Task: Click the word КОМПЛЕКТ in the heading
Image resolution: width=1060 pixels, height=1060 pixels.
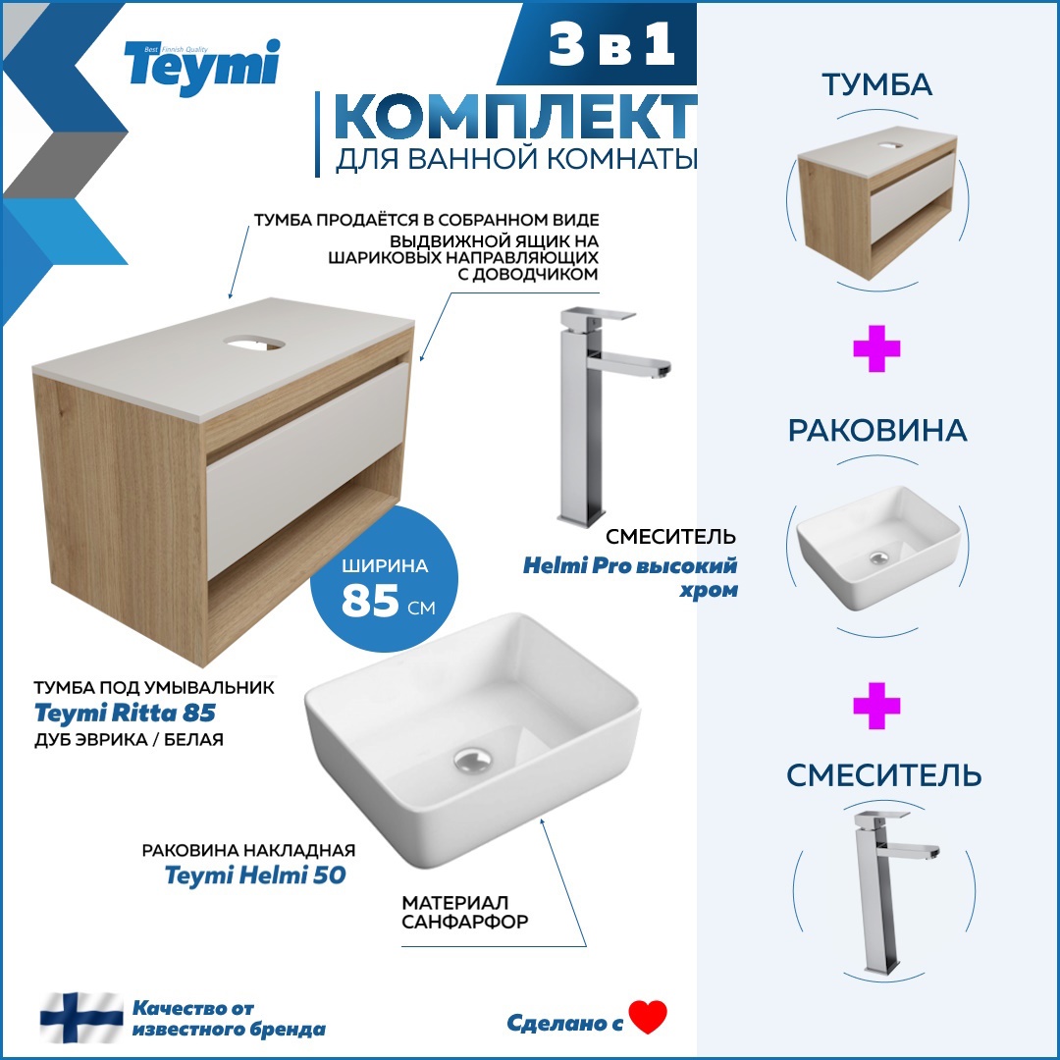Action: [514, 118]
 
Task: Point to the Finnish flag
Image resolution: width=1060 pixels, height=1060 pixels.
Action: [80, 1017]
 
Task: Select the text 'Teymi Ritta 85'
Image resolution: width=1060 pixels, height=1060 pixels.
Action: [125, 712]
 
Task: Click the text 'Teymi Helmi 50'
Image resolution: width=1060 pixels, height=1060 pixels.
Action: [255, 874]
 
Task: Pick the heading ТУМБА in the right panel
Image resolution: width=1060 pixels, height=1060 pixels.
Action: [876, 85]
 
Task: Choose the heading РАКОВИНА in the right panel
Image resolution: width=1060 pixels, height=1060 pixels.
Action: [876, 430]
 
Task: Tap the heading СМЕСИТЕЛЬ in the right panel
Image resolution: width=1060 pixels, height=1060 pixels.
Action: [883, 775]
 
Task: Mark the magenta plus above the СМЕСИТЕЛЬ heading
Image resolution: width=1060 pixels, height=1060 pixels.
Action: [876, 708]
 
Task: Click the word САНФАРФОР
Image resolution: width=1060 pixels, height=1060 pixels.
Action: [465, 922]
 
